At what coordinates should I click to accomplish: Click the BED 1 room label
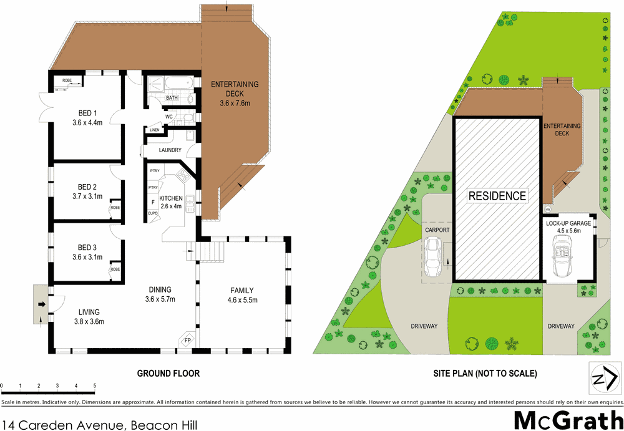click(x=87, y=113)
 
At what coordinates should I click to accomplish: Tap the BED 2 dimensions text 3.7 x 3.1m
click(x=87, y=196)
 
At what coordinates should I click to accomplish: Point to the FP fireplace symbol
click(x=187, y=340)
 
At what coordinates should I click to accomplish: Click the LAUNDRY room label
click(x=170, y=150)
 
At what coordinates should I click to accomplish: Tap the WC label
click(x=168, y=117)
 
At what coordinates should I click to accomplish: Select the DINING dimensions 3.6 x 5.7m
click(x=160, y=299)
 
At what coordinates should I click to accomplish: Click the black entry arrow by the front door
click(x=41, y=304)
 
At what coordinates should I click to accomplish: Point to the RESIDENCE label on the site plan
click(x=497, y=196)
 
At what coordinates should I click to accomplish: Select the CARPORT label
click(x=437, y=230)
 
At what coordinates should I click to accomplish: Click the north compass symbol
click(x=605, y=377)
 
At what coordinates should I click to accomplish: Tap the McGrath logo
click(x=568, y=420)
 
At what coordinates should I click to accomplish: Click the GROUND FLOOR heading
click(x=168, y=374)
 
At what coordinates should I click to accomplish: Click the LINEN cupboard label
click(x=154, y=130)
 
